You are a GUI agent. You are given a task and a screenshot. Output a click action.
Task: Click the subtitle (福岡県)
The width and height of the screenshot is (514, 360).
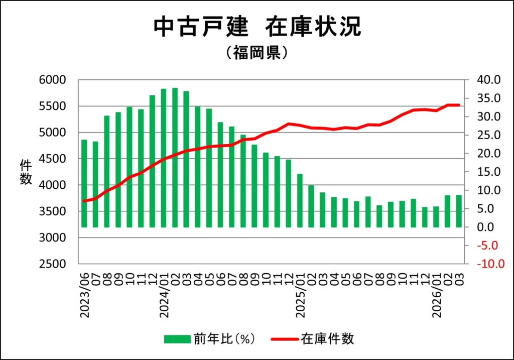(x=256, y=53)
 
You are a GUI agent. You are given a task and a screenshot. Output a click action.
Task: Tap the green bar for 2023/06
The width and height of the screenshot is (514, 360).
(x=84, y=183)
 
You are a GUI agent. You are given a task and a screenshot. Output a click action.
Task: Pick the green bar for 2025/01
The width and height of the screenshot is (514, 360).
(x=300, y=200)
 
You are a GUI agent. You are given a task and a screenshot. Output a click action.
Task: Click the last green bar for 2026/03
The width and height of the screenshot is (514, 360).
(x=458, y=211)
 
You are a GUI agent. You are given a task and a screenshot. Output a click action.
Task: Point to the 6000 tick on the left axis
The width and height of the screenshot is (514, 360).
(x=52, y=80)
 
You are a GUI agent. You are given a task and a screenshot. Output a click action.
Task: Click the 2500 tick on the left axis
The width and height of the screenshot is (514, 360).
(x=52, y=264)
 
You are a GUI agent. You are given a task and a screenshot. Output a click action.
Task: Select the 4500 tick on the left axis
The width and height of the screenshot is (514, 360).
(x=52, y=159)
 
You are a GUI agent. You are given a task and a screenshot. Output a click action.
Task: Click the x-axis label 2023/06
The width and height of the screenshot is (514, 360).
(x=84, y=296)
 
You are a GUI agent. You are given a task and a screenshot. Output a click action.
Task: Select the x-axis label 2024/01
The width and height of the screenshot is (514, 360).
(x=164, y=296)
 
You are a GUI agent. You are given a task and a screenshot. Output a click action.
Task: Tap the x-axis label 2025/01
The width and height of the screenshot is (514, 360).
(x=300, y=296)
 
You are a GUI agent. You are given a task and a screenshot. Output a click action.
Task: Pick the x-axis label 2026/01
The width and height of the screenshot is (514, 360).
(x=436, y=296)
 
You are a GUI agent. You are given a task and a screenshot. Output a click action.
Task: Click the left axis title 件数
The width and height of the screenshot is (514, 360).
(x=26, y=172)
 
